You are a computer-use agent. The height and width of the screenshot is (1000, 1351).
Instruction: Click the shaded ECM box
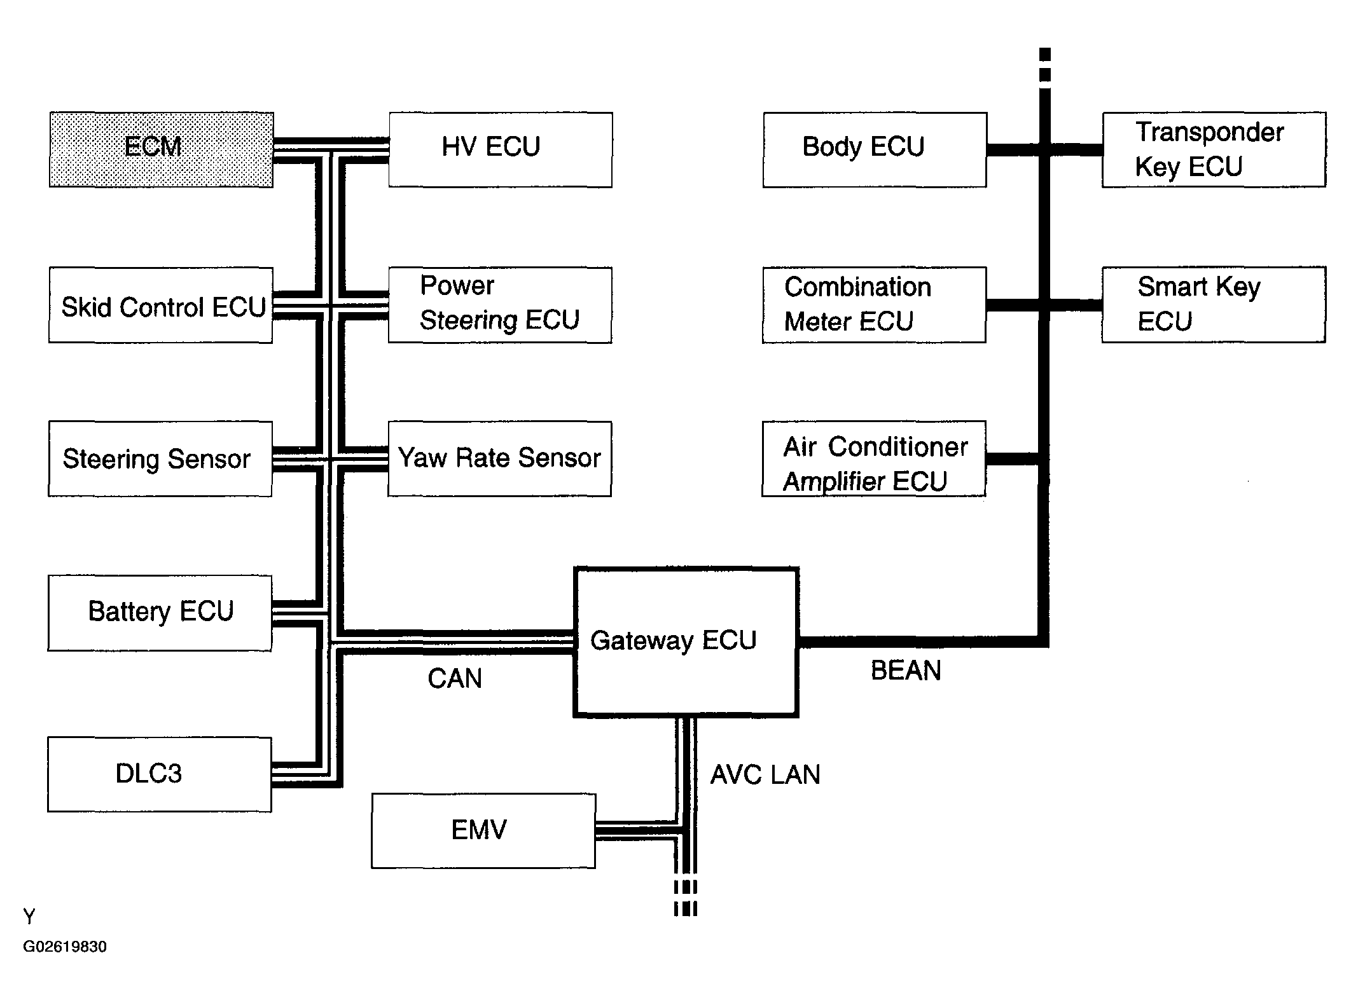162,150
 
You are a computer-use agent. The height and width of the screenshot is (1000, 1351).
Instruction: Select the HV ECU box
501,150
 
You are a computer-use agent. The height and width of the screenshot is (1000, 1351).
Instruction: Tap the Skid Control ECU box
161,305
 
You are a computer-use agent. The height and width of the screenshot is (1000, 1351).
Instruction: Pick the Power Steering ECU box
500,305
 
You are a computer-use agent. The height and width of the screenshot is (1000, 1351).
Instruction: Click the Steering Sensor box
160,458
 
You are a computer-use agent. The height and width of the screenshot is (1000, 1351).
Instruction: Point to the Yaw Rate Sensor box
500,458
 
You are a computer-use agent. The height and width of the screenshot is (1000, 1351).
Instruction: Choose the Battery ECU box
160,613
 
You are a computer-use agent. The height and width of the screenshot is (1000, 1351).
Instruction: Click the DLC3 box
160,774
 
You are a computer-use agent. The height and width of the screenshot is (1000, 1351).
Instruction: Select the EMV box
483,830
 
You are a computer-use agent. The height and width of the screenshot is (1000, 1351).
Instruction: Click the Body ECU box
875,150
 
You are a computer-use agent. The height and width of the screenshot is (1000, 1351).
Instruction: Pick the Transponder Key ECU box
1214,150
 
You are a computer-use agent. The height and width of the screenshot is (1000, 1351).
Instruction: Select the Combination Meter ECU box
874,305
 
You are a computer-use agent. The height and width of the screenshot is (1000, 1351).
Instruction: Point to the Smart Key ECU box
1214,305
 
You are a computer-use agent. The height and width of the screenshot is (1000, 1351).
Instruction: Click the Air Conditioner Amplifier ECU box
874,458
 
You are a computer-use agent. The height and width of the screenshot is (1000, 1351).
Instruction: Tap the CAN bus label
455,679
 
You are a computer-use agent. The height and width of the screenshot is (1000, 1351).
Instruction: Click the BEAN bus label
906,671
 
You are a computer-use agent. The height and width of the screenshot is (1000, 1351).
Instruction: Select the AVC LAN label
765,775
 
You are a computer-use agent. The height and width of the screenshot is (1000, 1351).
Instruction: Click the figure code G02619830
65,947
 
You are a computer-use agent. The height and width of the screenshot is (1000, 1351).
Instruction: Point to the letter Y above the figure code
29,917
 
